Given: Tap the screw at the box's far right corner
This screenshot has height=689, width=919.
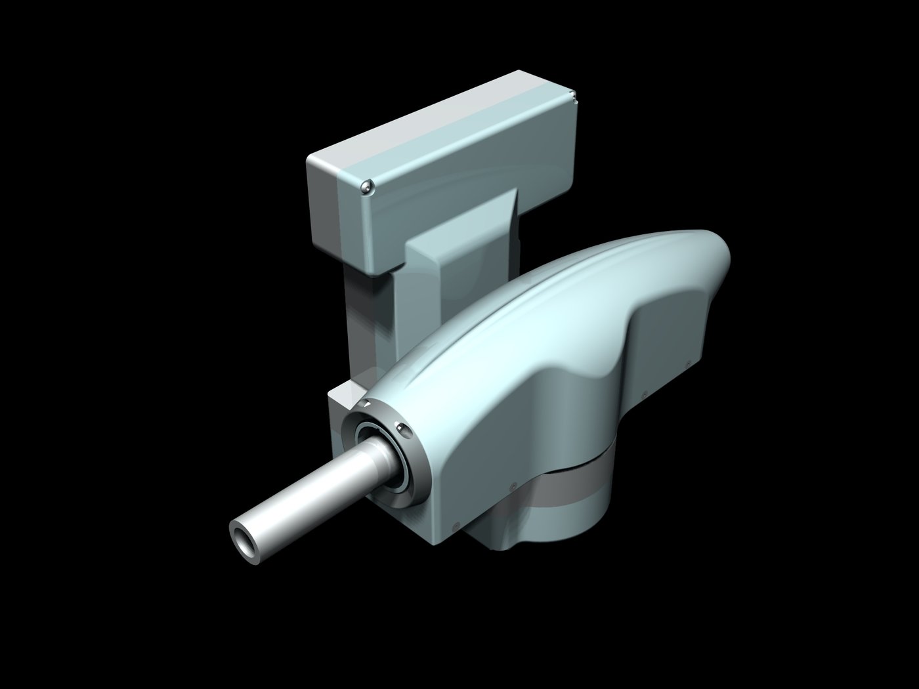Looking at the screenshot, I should tap(574, 98).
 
